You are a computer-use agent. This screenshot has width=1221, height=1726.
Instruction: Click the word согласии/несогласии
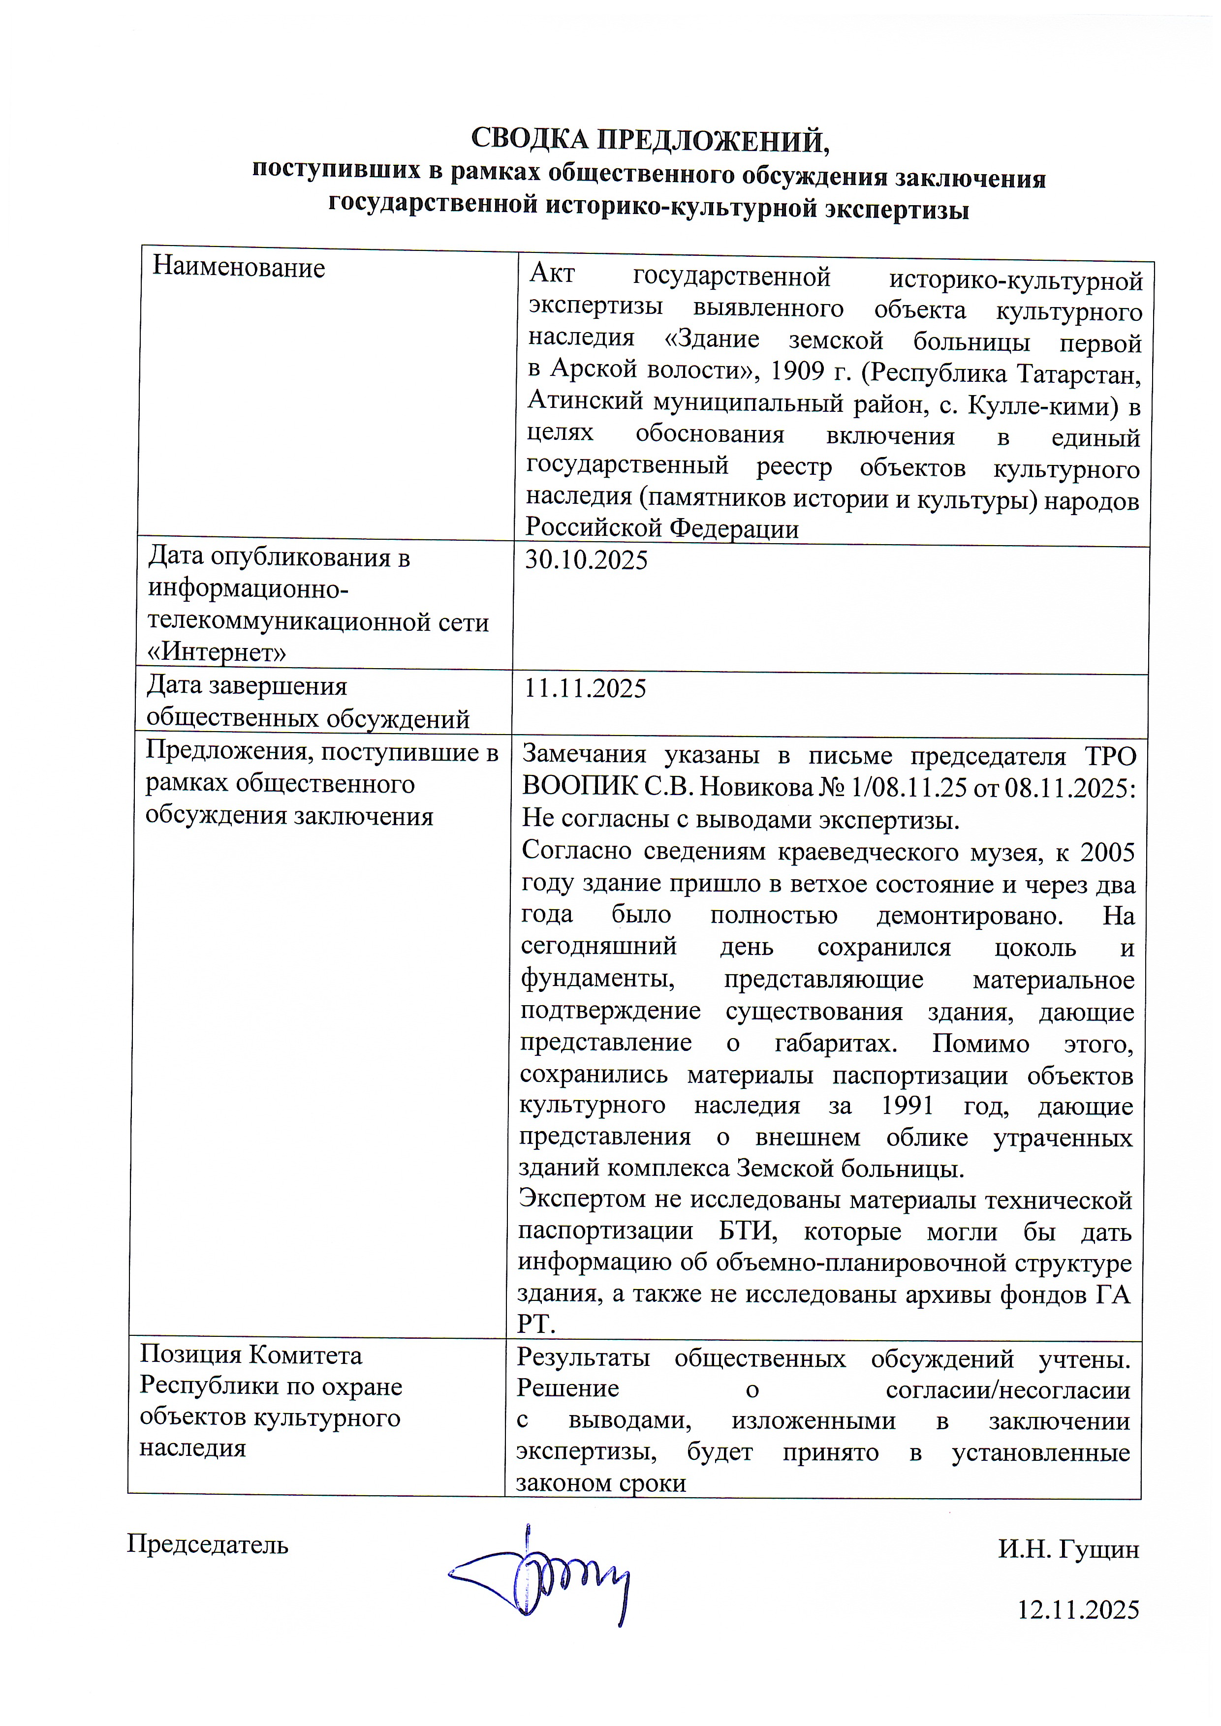coord(1007,1390)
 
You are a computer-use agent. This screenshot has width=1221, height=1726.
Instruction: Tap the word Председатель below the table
coord(208,1545)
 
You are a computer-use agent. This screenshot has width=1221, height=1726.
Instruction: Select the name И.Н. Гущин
coord(1068,1549)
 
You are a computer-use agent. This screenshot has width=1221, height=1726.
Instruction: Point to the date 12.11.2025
coord(1078,1609)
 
